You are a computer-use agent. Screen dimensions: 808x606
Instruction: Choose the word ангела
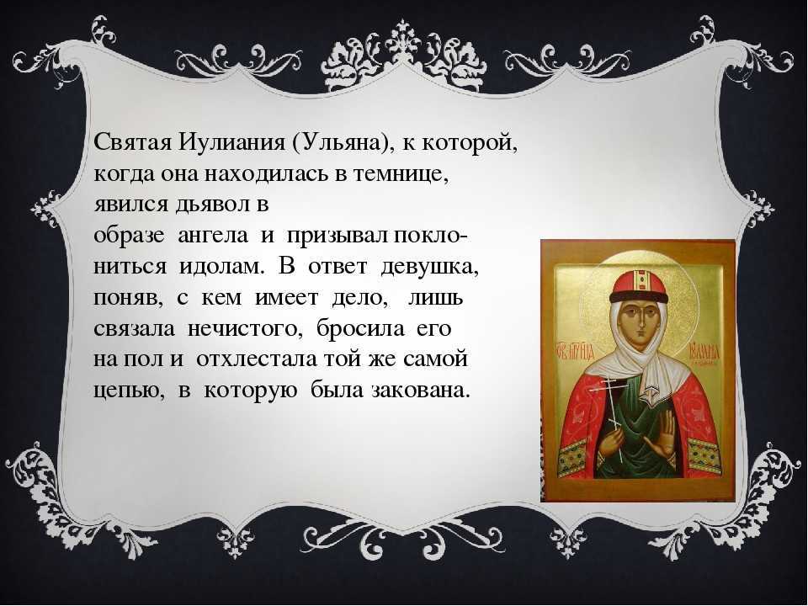click(213, 236)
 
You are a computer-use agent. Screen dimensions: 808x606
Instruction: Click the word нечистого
click(244, 329)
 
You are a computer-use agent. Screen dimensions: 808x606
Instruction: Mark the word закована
click(421, 390)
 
